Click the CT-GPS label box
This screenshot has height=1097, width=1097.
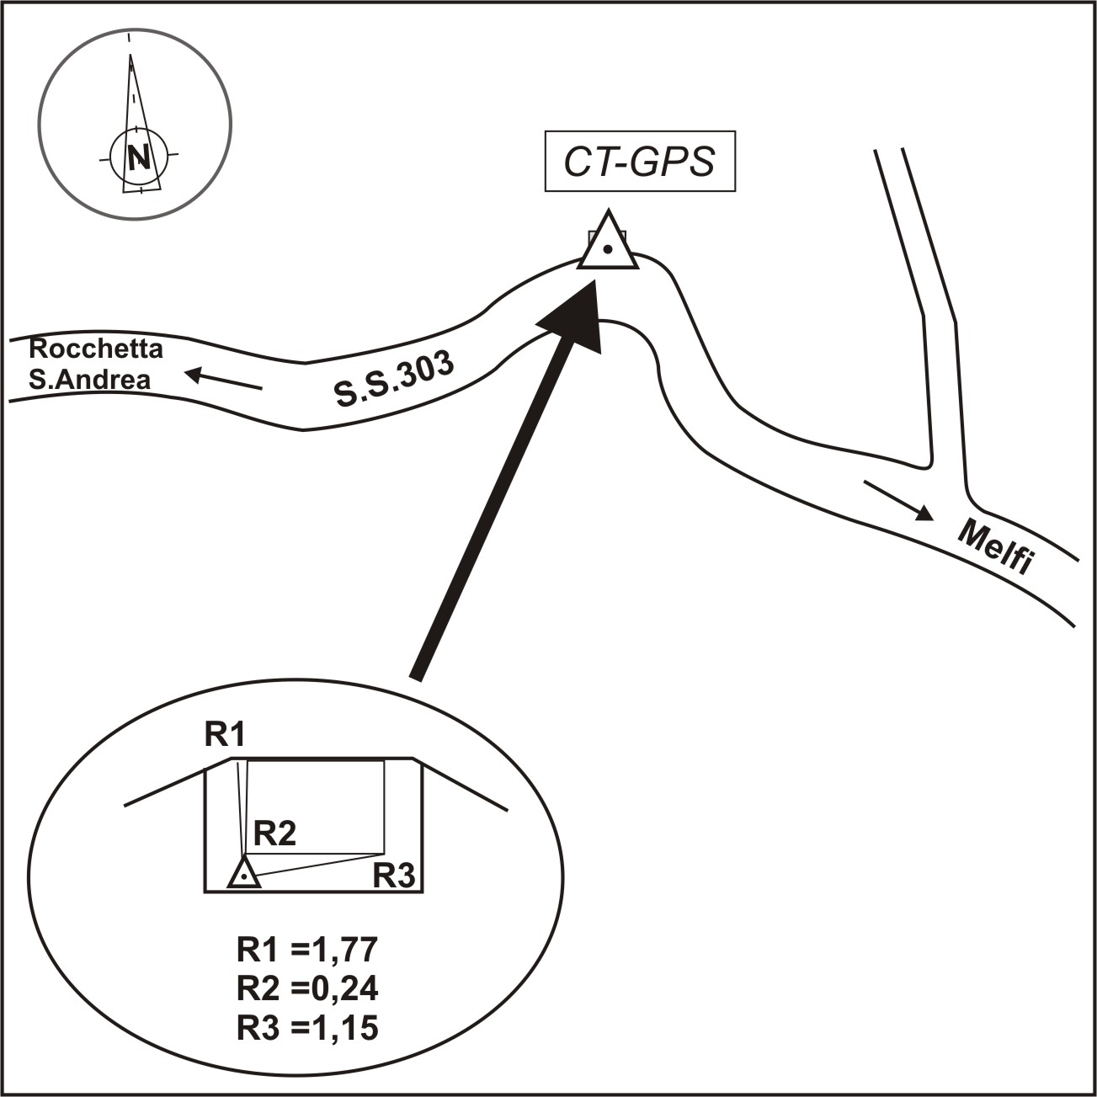tap(640, 161)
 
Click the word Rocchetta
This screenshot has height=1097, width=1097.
tap(96, 349)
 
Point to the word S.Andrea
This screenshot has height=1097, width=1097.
tap(90, 381)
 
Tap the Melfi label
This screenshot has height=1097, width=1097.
tap(995, 547)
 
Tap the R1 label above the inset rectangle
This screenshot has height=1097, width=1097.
tap(225, 736)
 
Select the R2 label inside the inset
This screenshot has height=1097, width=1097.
tap(274, 834)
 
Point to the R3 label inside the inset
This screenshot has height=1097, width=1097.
tap(394, 876)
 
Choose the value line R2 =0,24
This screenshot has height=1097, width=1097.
tap(307, 990)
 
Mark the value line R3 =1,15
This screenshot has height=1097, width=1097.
tap(307, 1028)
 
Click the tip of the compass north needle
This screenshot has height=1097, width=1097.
tap(130, 54)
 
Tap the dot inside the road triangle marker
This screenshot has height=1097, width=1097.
tap(608, 248)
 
